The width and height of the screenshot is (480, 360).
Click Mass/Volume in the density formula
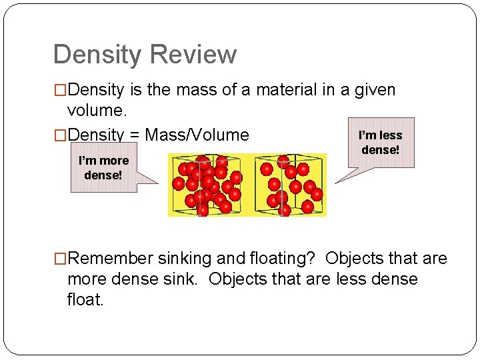(x=197, y=135)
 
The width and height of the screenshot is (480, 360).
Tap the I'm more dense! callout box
(x=103, y=169)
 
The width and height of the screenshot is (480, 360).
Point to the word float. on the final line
(x=85, y=299)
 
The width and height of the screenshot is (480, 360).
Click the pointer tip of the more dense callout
(x=158, y=182)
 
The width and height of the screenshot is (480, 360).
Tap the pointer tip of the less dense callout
(x=335, y=181)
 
